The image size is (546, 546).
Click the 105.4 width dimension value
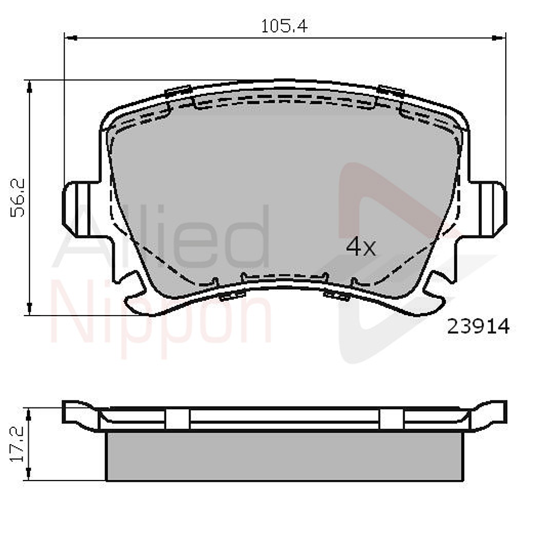click(284, 26)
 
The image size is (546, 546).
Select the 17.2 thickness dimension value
click(18, 445)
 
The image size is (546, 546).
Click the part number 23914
click(478, 326)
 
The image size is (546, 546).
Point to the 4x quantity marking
click(361, 247)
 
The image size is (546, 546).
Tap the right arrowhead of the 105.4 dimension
click(499, 37)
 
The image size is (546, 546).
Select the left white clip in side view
click(178, 418)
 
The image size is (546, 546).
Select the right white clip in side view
click(391, 418)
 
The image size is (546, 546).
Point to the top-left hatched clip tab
click(178, 91)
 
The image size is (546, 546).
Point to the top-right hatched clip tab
click(390, 91)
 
